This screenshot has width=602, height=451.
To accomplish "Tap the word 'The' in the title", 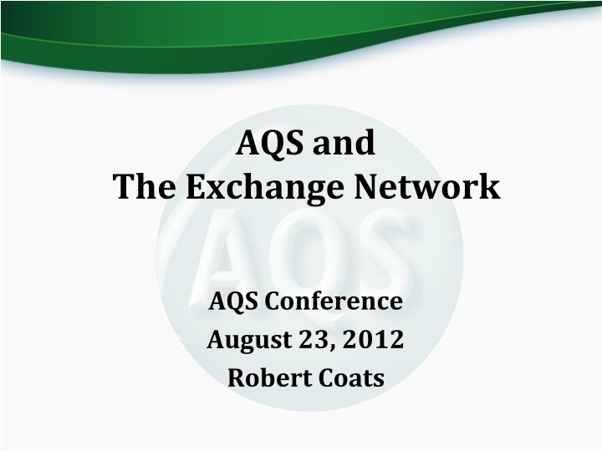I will [x=144, y=187].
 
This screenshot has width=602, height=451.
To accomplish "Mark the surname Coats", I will [x=347, y=378].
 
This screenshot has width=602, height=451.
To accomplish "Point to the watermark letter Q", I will [x=305, y=251].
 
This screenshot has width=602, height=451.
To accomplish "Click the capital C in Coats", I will [x=319, y=378].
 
